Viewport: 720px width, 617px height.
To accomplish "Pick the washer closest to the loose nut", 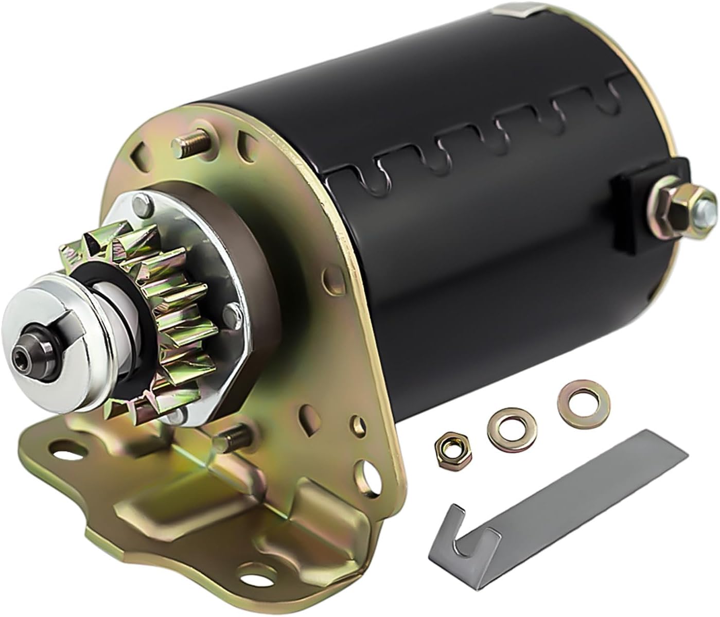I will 503,424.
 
